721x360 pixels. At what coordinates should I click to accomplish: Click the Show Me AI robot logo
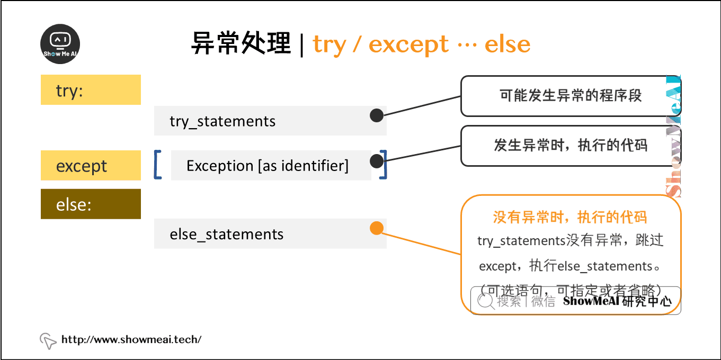(x=60, y=44)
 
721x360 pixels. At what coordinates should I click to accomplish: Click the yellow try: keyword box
(x=91, y=90)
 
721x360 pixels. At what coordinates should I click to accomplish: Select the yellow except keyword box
(x=91, y=166)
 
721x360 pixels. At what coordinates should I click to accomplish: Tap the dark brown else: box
(x=91, y=204)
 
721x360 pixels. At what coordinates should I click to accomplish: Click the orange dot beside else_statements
(x=376, y=228)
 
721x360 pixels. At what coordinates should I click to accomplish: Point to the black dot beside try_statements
(x=377, y=115)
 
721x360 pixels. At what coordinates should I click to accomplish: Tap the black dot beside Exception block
(x=376, y=161)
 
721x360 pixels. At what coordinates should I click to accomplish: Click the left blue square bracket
(x=157, y=165)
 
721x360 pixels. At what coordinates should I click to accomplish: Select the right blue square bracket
(x=383, y=165)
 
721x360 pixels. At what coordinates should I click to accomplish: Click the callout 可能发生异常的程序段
(x=570, y=96)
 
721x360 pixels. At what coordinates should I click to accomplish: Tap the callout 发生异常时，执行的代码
(x=570, y=146)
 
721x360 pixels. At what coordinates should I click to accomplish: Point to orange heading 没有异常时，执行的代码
(x=570, y=217)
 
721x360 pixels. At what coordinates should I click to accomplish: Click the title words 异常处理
(x=241, y=44)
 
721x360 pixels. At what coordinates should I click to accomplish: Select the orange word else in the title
(x=508, y=44)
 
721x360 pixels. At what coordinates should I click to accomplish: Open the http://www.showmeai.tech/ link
(x=131, y=339)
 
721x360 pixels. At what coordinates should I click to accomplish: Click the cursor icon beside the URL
(x=48, y=340)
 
